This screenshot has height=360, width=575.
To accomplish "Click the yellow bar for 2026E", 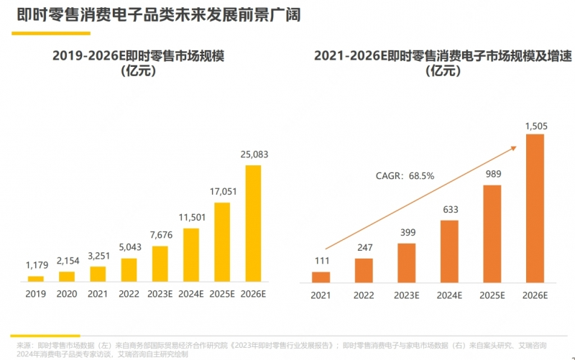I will click(254, 223).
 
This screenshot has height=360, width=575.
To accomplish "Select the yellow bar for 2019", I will click(35, 278).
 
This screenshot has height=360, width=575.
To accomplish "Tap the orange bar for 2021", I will click(321, 277).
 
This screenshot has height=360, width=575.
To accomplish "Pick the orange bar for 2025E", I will click(492, 234).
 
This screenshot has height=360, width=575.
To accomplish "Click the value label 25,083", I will click(254, 154).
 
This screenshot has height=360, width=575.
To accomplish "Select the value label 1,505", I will click(535, 126).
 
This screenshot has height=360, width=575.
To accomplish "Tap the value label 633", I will click(449, 210).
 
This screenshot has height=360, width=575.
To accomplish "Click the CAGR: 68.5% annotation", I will click(405, 175).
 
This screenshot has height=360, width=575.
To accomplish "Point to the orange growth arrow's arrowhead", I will click(514, 147).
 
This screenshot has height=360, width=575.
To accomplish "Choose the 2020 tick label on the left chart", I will click(66, 294).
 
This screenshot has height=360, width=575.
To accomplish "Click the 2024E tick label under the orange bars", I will click(449, 295).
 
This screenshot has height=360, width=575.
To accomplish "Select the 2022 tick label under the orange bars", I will click(364, 295).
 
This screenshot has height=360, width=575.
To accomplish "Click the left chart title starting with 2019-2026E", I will click(139, 63).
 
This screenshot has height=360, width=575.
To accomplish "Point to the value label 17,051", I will click(222, 192).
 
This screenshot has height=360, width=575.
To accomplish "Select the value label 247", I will click(364, 249).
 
